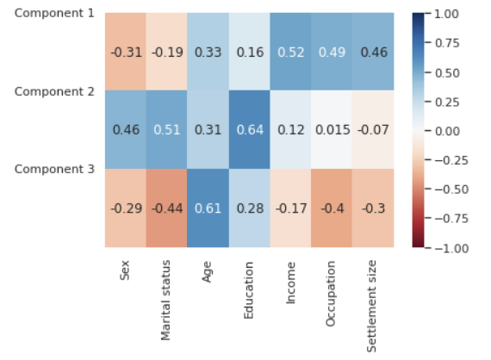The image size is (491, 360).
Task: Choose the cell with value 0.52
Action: tap(291, 52)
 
